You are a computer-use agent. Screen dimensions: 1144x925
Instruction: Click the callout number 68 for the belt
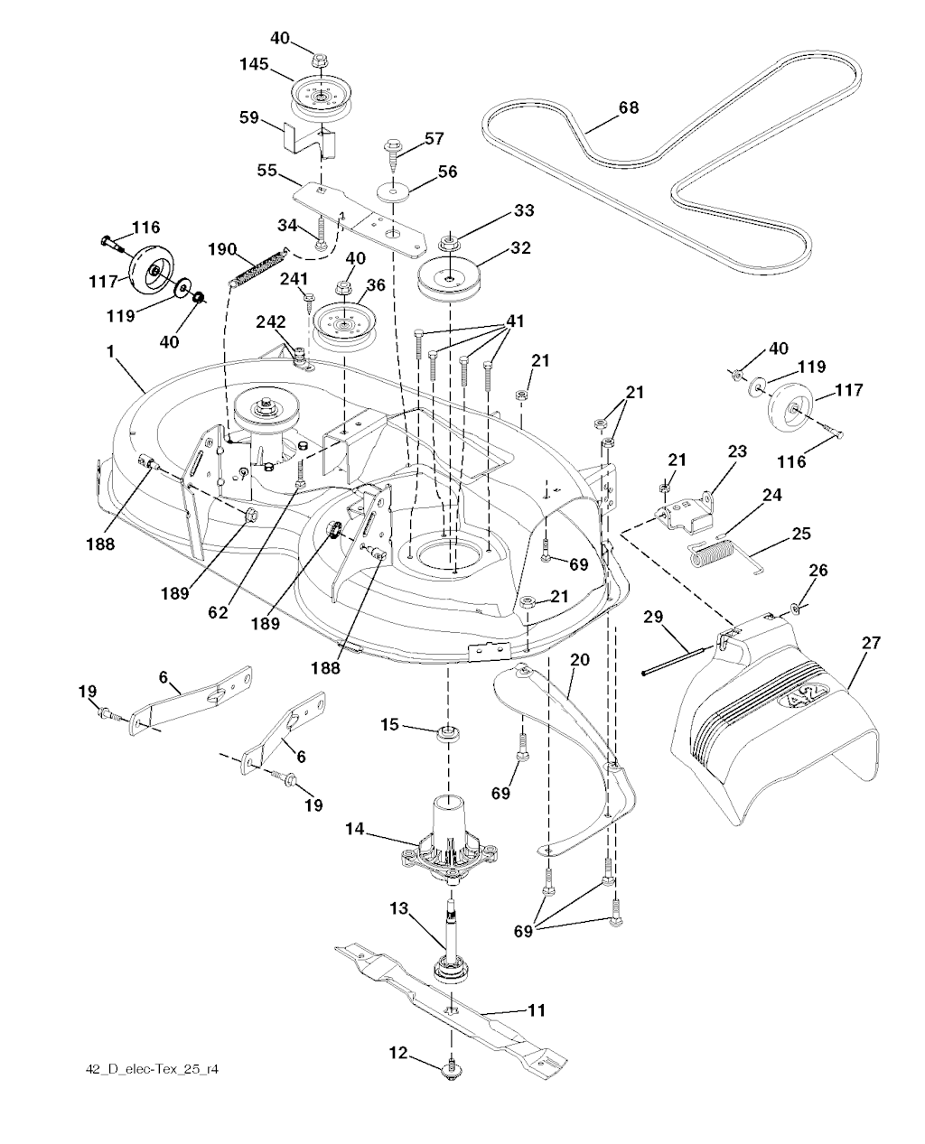tap(628, 107)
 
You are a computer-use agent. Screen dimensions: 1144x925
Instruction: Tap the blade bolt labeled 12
tap(449, 1070)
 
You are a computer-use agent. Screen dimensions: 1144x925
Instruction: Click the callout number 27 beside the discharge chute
tap(871, 643)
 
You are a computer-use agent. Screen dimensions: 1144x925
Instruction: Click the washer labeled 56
tap(395, 191)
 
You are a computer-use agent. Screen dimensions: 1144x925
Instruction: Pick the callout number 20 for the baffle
tap(579, 660)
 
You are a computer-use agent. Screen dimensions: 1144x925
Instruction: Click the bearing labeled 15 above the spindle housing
tap(445, 730)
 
